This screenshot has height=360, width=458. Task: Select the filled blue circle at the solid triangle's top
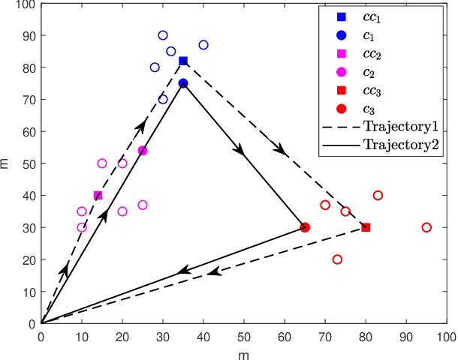coord(183,83)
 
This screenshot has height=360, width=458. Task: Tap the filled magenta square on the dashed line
coord(98,195)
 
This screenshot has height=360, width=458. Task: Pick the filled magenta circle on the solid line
coord(143,151)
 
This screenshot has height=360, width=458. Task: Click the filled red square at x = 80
coord(366,227)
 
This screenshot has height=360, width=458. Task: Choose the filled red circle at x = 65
coord(305,227)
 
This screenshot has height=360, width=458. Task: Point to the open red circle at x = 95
coord(426,227)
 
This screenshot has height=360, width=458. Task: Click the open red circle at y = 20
coord(337,259)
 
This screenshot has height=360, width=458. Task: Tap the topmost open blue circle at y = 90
coord(163,35)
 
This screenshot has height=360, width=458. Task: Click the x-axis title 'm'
coord(244,352)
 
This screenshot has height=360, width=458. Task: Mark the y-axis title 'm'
coord(7,163)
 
